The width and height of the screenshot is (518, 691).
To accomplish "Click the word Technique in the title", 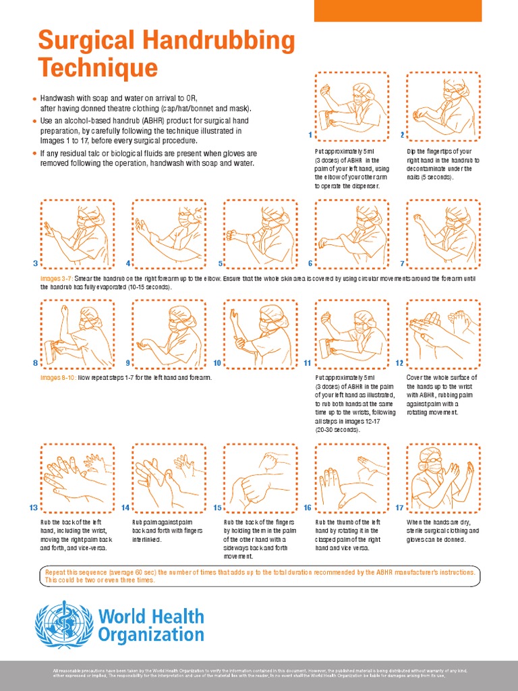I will click(98, 67).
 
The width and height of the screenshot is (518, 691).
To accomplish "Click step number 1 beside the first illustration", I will click(311, 135).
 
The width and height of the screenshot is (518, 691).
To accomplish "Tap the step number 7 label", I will click(402, 263).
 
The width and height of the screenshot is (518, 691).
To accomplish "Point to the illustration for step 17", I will click(443, 476).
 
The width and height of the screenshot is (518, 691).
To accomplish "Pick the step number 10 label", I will click(217, 363).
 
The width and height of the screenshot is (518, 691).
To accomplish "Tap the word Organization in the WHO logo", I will click(151, 635).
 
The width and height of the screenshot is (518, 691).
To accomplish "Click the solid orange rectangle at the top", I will click(398, 10).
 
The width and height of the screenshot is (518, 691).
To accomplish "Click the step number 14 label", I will click(125, 507).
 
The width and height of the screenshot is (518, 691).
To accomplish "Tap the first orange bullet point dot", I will click(34, 99).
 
